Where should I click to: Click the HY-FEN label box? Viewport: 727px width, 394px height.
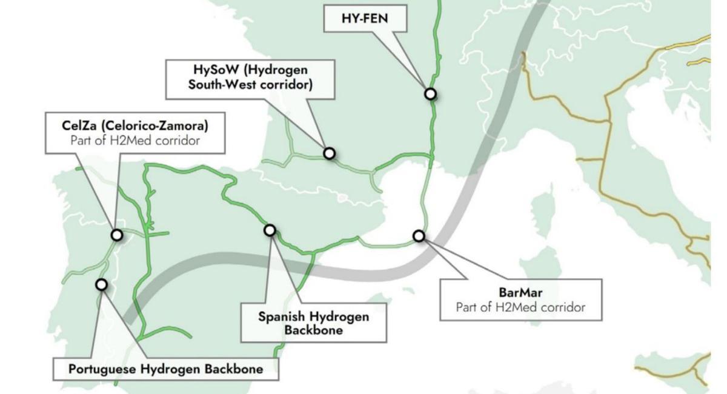click(365, 18)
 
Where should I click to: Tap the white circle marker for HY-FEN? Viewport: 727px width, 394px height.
click(430, 94)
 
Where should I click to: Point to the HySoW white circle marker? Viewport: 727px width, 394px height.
click(329, 153)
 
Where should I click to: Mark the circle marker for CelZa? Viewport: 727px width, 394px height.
click(117, 235)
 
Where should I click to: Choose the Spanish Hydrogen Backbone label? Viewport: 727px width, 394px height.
click(313, 322)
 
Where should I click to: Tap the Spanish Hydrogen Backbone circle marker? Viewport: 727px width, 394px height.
click(270, 230)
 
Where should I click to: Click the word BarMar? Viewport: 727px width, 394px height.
click(521, 293)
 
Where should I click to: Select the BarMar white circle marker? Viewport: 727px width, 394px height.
click(419, 235)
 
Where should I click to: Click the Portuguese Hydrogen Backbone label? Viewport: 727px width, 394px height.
click(166, 369)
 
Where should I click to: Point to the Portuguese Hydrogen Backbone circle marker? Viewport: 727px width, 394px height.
click(101, 284)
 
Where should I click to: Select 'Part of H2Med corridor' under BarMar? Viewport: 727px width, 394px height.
click(521, 307)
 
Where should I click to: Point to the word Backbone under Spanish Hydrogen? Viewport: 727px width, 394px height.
click(313, 330)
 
